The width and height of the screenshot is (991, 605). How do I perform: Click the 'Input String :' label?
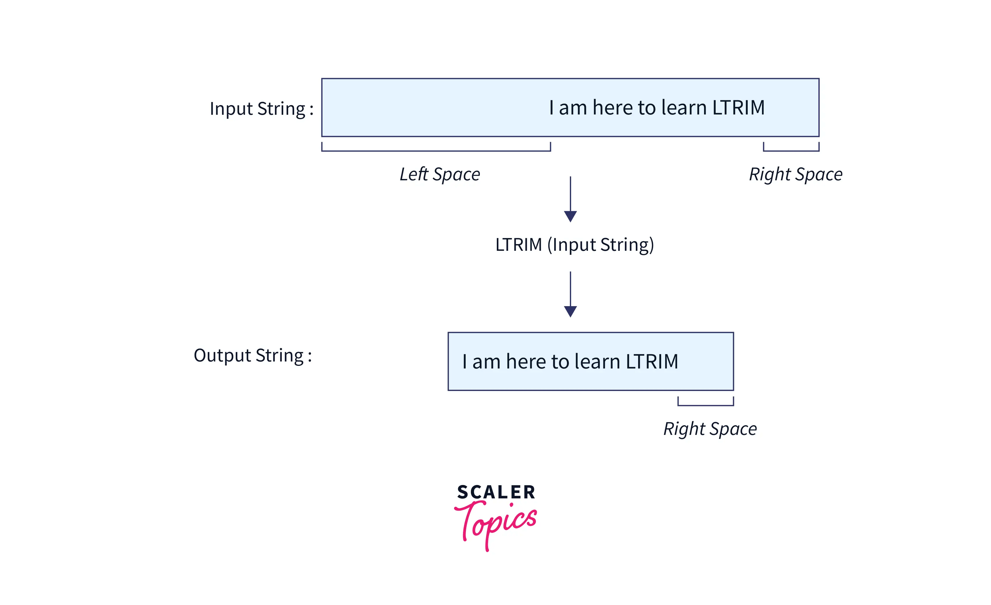tap(261, 109)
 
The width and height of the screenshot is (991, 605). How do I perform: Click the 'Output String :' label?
tap(253, 356)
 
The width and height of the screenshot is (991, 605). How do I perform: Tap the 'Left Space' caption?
tap(440, 174)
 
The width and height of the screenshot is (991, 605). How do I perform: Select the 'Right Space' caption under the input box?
tap(795, 174)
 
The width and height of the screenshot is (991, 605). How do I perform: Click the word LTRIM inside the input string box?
tap(738, 108)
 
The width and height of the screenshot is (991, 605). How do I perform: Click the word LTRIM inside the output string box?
tap(652, 361)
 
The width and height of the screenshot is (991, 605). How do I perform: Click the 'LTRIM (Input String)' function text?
tap(574, 245)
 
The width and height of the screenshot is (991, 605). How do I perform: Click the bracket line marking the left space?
tap(436, 151)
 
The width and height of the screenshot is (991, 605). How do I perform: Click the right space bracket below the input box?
tap(791, 151)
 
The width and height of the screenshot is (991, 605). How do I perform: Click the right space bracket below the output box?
tap(705, 405)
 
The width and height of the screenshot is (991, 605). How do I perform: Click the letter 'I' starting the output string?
tap(464, 361)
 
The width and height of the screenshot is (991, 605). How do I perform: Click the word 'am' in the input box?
tap(573, 108)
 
